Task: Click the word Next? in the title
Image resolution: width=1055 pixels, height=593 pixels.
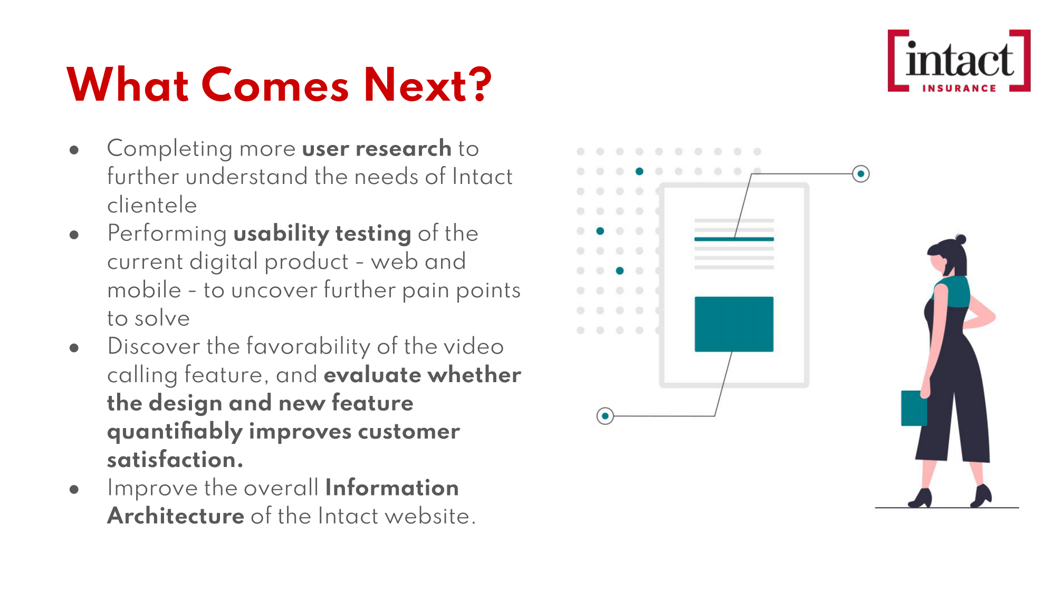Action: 428,84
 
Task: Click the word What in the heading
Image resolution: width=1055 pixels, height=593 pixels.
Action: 128,84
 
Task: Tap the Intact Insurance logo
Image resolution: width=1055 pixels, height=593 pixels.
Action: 959,61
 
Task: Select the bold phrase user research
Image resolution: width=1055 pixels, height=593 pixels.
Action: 377,149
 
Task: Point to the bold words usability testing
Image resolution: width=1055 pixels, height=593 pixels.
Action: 322,234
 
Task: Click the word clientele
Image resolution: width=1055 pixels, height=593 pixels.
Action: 152,205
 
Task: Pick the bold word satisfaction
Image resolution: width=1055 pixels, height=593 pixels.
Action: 175,460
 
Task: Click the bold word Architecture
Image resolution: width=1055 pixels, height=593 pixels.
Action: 176,516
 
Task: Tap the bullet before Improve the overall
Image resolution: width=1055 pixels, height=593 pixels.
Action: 74,489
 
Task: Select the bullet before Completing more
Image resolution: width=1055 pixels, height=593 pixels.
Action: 74,150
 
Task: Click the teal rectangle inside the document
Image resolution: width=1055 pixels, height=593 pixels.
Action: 734,324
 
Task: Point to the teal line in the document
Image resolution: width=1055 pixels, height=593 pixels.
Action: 734,239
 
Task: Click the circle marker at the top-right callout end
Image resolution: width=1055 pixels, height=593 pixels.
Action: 861,173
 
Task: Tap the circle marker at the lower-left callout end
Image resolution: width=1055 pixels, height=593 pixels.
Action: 605,416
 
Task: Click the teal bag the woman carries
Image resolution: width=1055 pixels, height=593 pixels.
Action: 914,408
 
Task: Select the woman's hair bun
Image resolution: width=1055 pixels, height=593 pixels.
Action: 961,239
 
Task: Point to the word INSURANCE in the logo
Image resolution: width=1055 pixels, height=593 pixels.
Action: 959,88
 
